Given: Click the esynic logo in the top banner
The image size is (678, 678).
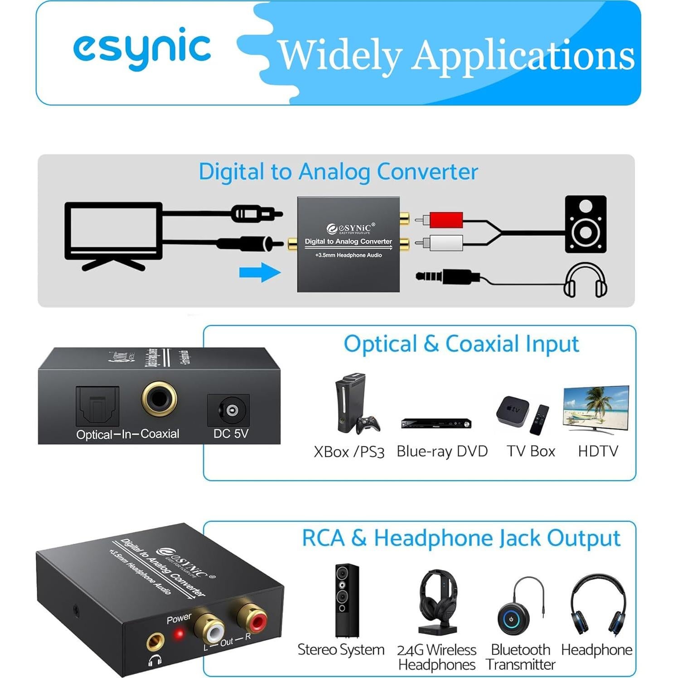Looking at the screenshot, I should click(x=142, y=48).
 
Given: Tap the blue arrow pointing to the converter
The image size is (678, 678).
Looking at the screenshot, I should click(x=260, y=272).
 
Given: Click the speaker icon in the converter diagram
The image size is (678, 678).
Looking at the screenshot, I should click(x=585, y=224).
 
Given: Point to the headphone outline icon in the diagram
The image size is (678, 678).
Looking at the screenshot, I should click(x=585, y=281).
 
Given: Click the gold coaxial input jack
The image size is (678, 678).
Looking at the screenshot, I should click(x=159, y=399).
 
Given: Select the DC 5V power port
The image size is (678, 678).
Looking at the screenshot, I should click(x=231, y=410).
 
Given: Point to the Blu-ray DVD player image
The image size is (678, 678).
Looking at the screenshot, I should click(x=436, y=423).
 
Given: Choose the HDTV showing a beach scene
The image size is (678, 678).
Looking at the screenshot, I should click(x=596, y=408).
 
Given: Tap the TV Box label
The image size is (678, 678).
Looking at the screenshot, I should click(x=531, y=451).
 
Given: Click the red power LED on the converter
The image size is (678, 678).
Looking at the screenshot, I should click(x=179, y=634).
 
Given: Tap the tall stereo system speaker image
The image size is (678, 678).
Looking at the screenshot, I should click(x=347, y=601).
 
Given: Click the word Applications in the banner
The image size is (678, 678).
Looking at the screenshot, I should click(x=523, y=56).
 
